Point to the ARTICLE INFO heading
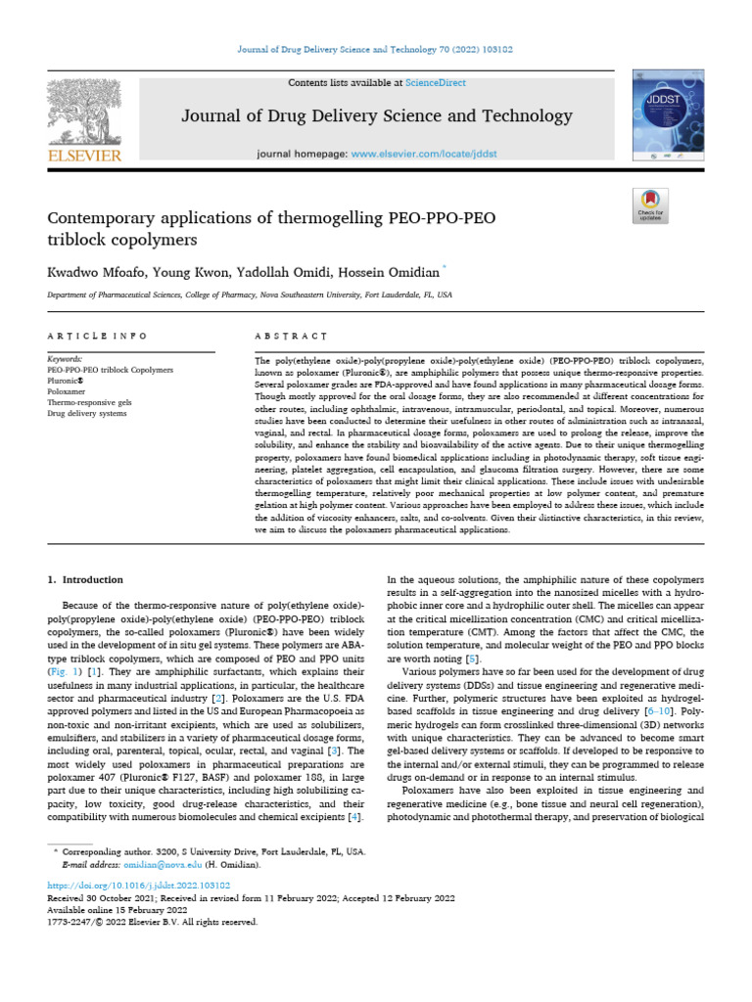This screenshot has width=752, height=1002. click(98, 336)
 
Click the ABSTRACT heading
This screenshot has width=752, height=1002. click(291, 336)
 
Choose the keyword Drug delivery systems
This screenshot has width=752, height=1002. click(87, 414)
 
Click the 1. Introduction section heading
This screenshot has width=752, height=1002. click(86, 580)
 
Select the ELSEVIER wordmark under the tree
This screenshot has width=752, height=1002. click(84, 155)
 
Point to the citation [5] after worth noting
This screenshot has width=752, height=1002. click(471, 660)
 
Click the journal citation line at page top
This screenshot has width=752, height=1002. click(376, 48)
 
